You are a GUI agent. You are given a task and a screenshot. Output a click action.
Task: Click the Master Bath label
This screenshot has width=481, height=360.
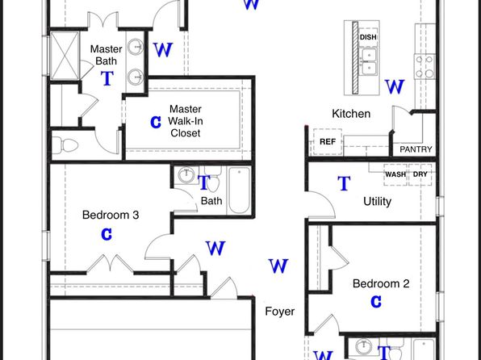107,55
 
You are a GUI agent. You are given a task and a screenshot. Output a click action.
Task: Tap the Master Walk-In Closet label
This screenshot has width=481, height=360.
186,121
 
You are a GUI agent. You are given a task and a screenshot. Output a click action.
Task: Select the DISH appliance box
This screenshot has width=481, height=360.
368,37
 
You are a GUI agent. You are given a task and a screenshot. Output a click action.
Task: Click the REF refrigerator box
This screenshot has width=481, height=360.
328,141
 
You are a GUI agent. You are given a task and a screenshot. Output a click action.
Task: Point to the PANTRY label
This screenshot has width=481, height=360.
416,149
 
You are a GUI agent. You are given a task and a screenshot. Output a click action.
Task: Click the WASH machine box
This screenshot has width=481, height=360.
395,174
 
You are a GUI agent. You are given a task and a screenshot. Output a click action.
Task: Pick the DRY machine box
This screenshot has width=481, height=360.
420,174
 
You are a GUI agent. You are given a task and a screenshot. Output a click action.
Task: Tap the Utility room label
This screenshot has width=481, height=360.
377,201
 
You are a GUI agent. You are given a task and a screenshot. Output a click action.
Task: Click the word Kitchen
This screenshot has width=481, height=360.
351,114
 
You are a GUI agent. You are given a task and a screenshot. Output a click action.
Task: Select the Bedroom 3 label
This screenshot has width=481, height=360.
111,215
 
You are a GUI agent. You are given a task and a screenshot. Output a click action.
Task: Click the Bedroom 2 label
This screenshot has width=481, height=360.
381,283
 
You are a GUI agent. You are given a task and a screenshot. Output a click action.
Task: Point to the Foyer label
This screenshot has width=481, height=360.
280,312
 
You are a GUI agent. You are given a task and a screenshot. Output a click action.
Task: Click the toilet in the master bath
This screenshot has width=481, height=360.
65,144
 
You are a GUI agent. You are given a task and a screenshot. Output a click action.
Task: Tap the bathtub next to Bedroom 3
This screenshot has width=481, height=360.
239,190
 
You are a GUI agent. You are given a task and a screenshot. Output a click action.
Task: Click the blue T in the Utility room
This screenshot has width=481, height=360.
344,183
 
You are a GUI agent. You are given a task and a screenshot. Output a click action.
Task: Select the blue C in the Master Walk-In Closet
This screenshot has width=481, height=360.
156,122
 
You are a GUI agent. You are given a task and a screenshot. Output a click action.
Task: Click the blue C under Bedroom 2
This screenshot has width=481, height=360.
376,302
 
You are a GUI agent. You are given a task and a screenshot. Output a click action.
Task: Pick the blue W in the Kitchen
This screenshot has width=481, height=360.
395,86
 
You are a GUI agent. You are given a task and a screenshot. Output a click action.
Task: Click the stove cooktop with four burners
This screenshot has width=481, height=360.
425,66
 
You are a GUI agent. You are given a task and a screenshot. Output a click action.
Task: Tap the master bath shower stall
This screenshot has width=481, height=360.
65,56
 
